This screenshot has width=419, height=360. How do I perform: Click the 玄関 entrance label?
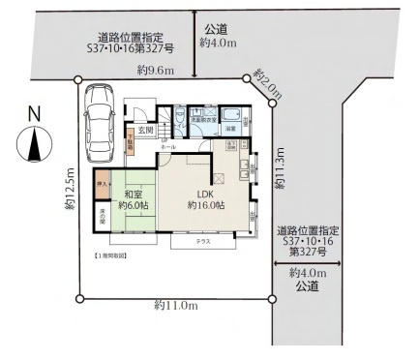[x=145, y=129]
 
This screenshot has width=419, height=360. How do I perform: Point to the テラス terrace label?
[x=203, y=239]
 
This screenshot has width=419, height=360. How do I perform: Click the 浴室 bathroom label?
[x=231, y=129]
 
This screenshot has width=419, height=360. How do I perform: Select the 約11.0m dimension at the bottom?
[x=176, y=306]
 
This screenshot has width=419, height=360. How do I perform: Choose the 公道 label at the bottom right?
[x=309, y=286]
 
